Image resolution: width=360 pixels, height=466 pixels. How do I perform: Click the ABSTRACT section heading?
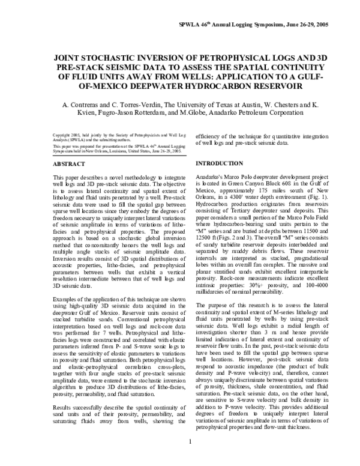68,163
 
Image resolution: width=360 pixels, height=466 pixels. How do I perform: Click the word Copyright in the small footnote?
64,135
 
